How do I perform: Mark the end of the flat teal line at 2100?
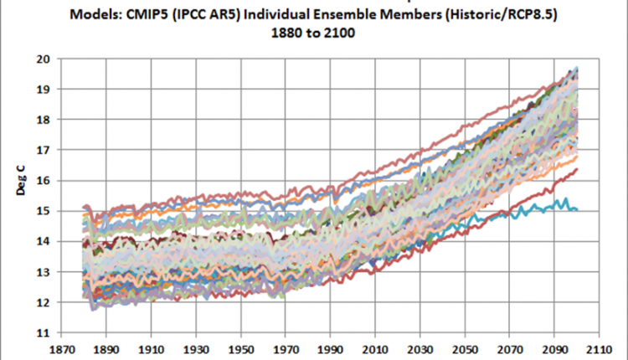click(576, 209)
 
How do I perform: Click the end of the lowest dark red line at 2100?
click(576, 170)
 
